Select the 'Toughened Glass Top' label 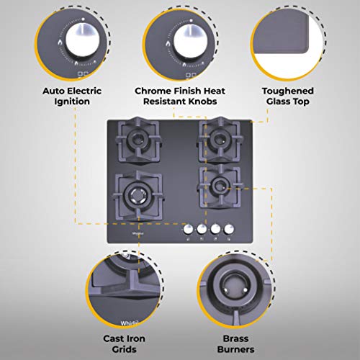click(x=287, y=96)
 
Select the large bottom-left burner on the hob click(x=136, y=192)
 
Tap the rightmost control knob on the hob click(x=229, y=230)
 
